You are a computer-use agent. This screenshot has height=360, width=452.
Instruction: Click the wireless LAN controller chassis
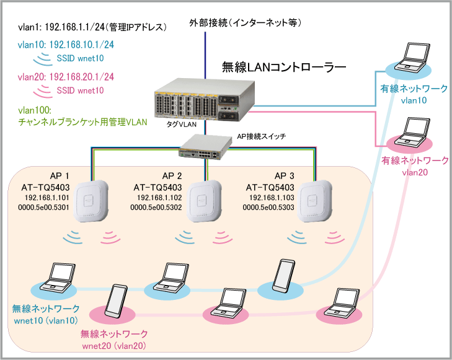click(205, 100)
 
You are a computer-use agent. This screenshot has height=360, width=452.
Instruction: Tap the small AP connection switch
click(205, 147)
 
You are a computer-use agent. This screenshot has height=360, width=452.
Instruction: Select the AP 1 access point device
click(91, 201)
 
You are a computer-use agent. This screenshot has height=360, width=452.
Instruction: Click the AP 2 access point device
click(204, 201)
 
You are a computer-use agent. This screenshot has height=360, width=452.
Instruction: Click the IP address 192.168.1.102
click(159, 198)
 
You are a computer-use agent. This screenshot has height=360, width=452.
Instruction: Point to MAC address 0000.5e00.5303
click(268, 208)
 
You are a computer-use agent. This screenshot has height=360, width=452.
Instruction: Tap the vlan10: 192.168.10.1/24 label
click(66, 45)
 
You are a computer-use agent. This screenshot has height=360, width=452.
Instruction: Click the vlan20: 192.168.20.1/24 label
click(66, 77)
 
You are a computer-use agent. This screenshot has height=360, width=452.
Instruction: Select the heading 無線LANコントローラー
click(284, 67)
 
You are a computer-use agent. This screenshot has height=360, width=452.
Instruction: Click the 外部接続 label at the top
click(208, 22)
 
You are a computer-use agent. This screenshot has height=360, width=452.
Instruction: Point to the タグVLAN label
click(181, 124)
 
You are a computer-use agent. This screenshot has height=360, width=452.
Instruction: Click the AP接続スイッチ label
click(262, 136)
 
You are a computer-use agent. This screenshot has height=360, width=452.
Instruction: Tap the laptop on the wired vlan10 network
click(412, 58)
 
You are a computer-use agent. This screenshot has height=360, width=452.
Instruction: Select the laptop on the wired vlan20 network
click(412, 132)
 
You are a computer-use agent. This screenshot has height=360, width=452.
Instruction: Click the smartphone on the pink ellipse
click(116, 301)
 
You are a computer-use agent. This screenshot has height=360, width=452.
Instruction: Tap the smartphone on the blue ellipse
click(283, 276)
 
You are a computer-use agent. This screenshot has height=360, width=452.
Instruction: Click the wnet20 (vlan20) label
click(114, 346)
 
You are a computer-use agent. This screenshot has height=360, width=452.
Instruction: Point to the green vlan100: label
click(35, 110)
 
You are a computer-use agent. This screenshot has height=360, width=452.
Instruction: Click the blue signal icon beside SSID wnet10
click(43, 59)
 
